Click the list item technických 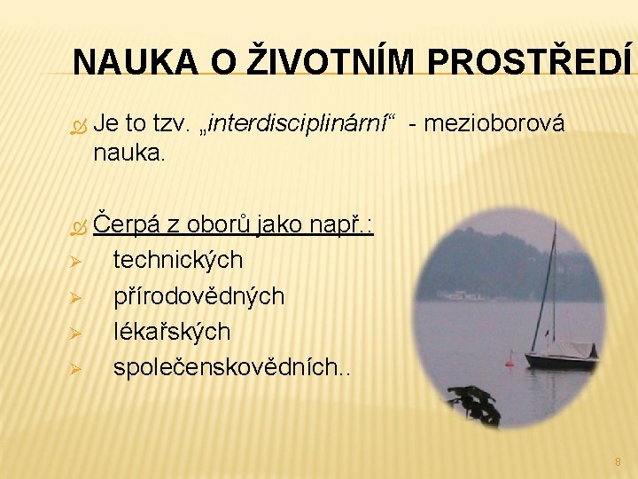coord(178,260)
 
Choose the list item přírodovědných coord(198,295)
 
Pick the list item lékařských coord(172,331)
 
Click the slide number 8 coord(618,462)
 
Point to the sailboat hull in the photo coord(561,360)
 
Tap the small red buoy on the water coord(510,358)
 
